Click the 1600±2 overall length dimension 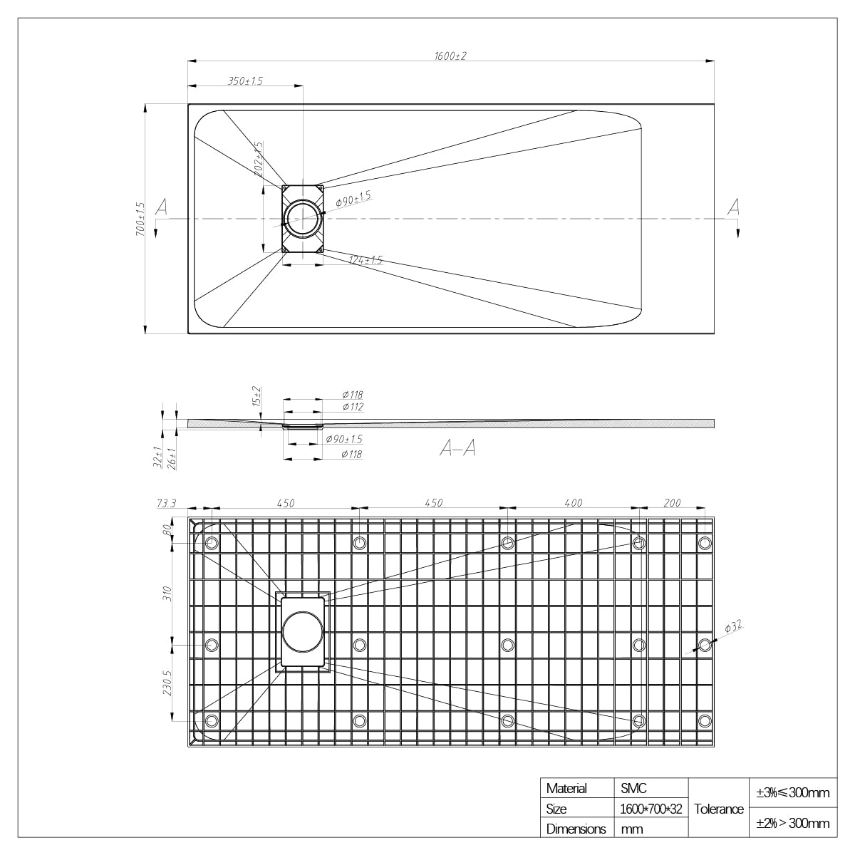pos(450,56)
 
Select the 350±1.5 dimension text pos(245,81)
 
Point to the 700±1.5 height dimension pos(140,219)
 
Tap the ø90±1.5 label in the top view pos(353,199)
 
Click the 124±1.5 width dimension pos(366,260)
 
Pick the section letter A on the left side pos(162,207)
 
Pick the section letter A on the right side pos(734,207)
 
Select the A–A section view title pos(458,448)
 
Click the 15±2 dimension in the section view pos(256,396)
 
